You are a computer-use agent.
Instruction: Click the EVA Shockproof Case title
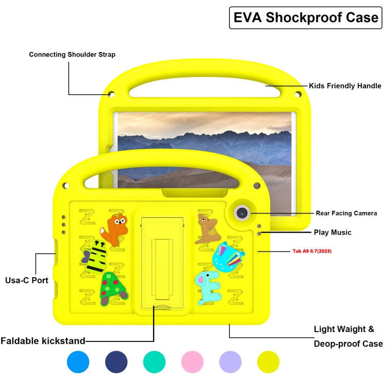(x=306, y=17)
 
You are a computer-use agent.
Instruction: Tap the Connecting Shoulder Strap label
(x=72, y=54)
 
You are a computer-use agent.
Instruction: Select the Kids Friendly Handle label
(x=344, y=86)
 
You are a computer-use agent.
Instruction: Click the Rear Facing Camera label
(x=346, y=213)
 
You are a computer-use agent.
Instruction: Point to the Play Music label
(x=333, y=233)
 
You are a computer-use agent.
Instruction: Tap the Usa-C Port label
(x=27, y=280)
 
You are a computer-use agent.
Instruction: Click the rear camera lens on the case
(x=242, y=212)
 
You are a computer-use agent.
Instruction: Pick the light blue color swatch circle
(x=78, y=362)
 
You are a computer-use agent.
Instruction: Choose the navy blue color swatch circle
(x=116, y=362)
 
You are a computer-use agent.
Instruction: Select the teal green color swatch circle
(x=154, y=362)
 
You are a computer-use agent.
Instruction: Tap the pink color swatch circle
(x=192, y=362)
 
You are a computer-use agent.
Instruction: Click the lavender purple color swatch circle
(x=230, y=362)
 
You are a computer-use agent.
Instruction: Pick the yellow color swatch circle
(x=268, y=362)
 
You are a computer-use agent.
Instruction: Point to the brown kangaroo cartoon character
(x=208, y=228)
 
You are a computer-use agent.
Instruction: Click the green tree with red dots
(x=112, y=289)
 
